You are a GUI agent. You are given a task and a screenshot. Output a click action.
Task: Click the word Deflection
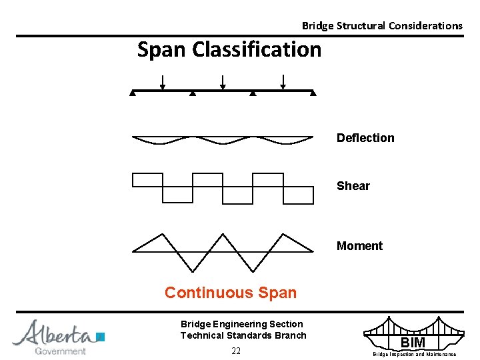pos(365,138)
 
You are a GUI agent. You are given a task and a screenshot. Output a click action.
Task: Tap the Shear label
pos(353,186)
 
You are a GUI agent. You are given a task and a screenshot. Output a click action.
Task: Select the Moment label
pos(359,246)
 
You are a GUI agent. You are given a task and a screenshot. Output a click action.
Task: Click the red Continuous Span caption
pos(231,293)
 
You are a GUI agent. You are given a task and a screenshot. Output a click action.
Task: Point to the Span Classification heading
pos(229,49)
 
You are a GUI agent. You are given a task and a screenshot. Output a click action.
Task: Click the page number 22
pos(236,351)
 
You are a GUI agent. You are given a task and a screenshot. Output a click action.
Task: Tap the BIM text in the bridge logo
pos(413,343)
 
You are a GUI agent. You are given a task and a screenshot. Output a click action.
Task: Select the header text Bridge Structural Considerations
pos(382,26)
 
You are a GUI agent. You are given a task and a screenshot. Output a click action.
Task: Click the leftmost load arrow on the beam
pos(163,82)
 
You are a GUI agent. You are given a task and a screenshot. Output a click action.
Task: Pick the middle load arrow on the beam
pos(223,82)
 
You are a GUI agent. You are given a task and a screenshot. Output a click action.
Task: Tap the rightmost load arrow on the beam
pos(283,82)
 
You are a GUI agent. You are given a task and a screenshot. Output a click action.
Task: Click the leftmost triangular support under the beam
pos(133,94)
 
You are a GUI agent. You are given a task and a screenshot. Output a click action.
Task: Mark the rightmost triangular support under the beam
pos(313,94)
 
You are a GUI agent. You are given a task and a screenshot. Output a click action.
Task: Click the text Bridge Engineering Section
pos(241,324)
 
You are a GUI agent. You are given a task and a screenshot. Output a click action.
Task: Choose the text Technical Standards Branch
pos(243,335)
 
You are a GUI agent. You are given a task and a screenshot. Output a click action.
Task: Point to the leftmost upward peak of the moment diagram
pos(162,234)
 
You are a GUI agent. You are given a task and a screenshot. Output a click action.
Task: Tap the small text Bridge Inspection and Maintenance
pos(414,354)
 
